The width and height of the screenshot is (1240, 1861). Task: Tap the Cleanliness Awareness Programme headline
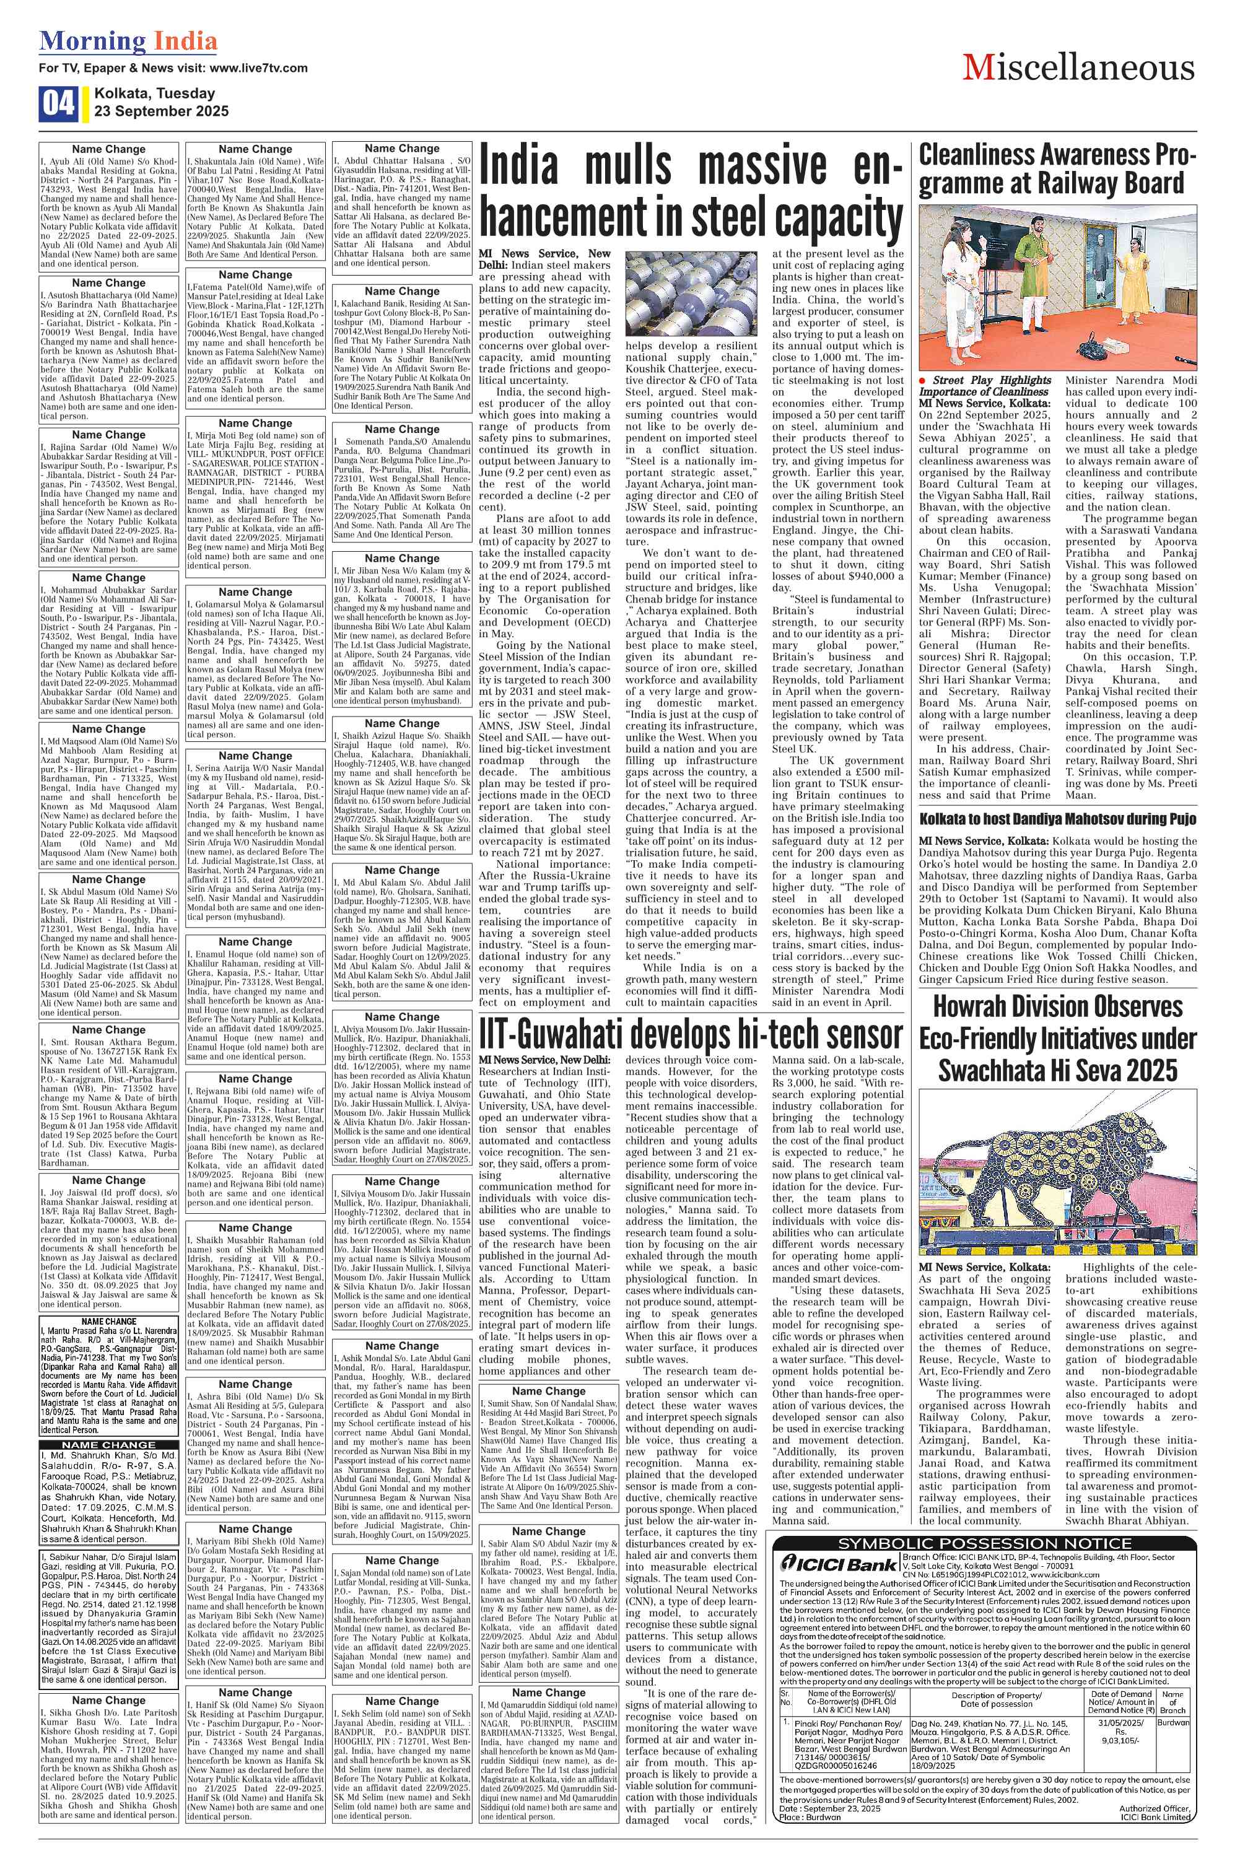[x=1057, y=168]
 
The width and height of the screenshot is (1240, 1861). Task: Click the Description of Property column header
[x=997, y=1653]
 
